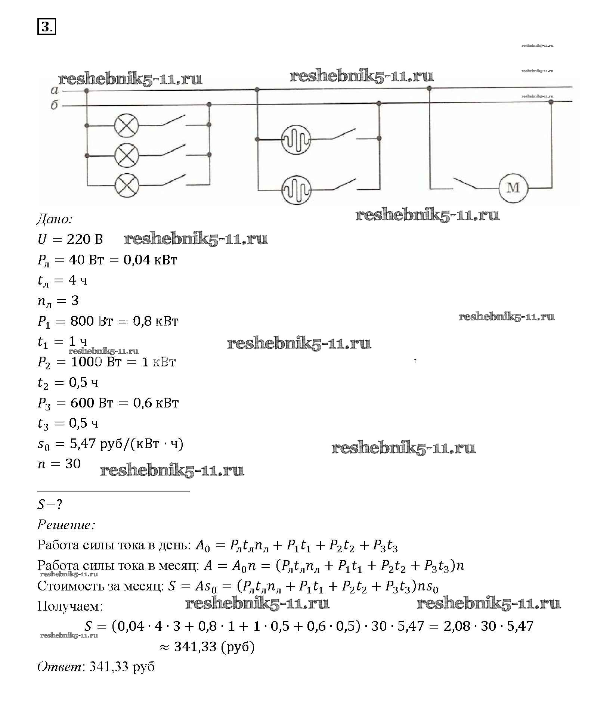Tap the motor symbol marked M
(513, 188)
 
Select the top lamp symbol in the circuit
(126, 125)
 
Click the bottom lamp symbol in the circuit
(127, 185)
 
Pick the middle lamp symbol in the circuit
(126, 155)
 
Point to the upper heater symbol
(296, 140)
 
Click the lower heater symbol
(296, 190)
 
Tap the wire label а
(55, 90)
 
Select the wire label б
(55, 105)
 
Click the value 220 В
(85, 239)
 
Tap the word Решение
(66, 525)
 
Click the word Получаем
(70, 606)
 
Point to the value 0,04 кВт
(150, 260)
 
